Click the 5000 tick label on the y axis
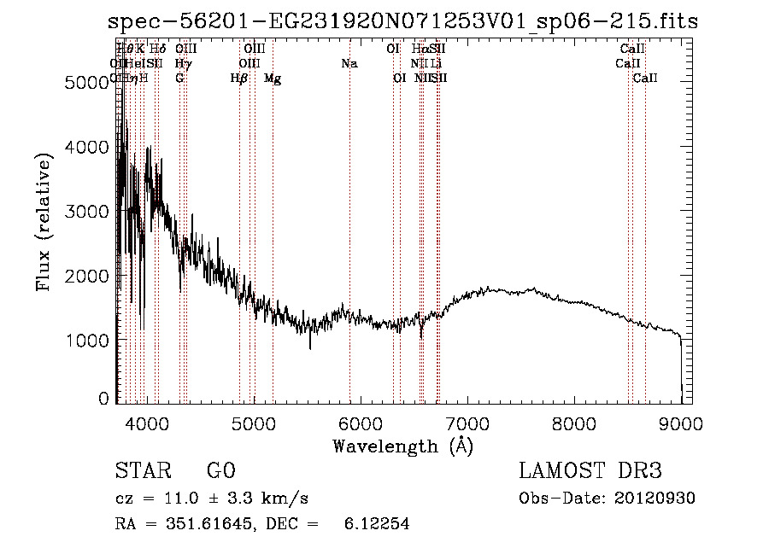click(88, 83)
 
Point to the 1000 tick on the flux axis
click(88, 341)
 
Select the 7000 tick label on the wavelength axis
click(467, 423)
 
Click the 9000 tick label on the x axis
click(681, 423)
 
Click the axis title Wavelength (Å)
click(403, 445)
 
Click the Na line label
click(349, 64)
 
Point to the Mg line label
click(273, 79)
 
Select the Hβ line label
click(239, 79)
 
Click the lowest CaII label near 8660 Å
click(645, 79)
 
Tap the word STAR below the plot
click(142, 471)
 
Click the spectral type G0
click(220, 471)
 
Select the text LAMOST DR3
click(590, 471)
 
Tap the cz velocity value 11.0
click(188, 499)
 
